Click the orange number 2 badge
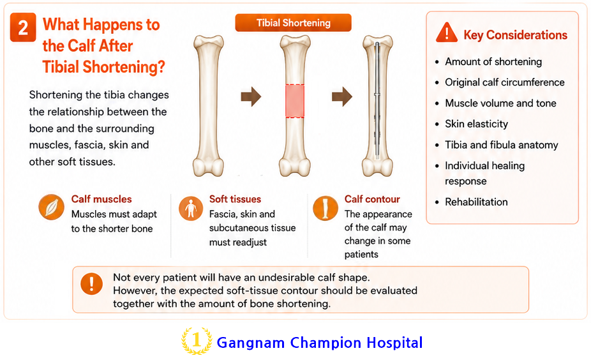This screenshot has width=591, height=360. (x=23, y=27)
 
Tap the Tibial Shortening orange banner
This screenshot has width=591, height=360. (x=293, y=22)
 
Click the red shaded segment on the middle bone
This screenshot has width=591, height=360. (x=295, y=101)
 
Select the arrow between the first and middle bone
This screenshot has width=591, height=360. (x=251, y=96)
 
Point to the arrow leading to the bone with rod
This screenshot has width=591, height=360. (x=342, y=96)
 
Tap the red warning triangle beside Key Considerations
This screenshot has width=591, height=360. (x=447, y=33)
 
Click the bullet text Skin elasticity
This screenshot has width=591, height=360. (x=476, y=124)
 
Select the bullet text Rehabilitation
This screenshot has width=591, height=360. (x=476, y=202)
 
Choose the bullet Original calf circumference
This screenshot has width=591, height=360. (x=505, y=82)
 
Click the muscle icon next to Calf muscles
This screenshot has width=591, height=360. (x=51, y=207)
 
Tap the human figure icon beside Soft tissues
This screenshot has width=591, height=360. (x=191, y=208)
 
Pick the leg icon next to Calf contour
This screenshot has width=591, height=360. (x=325, y=207)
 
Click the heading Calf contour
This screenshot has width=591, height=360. (x=372, y=199)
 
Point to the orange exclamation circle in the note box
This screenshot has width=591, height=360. (x=92, y=283)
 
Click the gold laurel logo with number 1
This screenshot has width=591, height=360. (x=197, y=341)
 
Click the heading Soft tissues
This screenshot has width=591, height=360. (x=236, y=199)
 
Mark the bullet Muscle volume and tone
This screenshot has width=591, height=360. (x=500, y=103)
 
